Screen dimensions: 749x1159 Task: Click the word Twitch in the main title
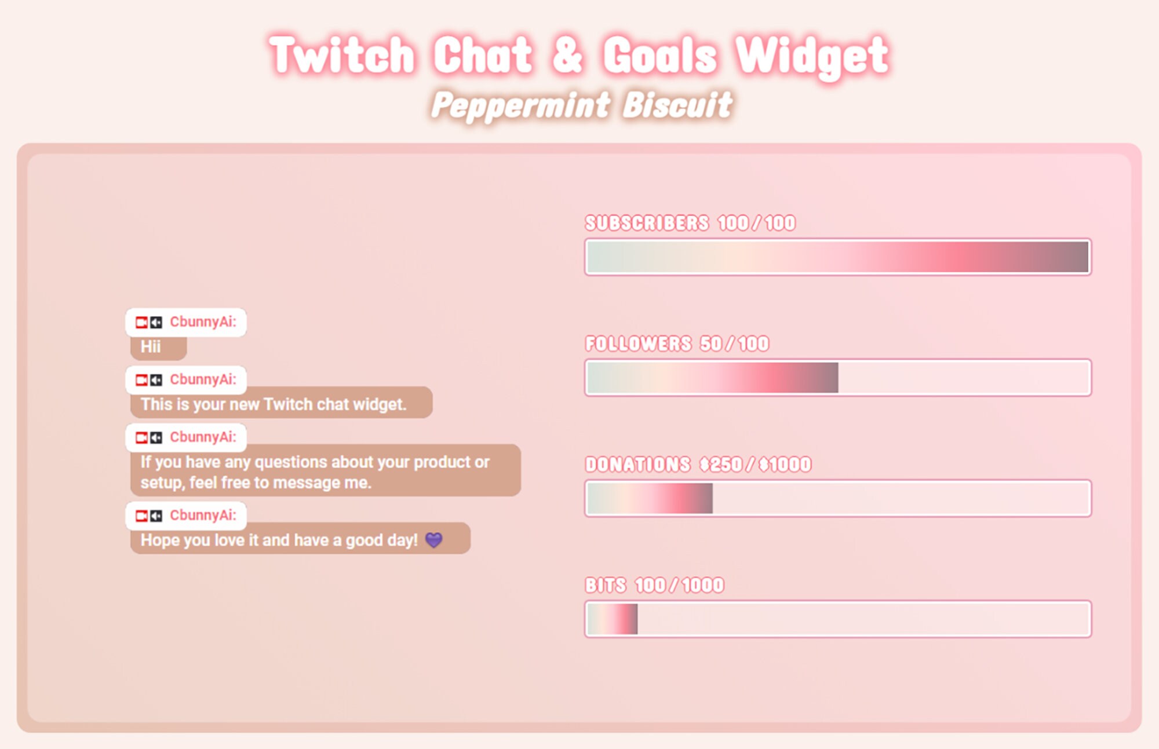pos(342,55)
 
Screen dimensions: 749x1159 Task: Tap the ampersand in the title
pos(567,55)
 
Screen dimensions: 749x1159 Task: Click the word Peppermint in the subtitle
pos(520,105)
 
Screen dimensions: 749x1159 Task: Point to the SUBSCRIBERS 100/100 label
pos(690,223)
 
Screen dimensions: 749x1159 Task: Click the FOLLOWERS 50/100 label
pos(677,344)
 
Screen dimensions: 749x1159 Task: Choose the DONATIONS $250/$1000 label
pos(698,464)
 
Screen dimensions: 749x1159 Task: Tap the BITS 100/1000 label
pos(654,585)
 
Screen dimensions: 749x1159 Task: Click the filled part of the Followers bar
pos(712,378)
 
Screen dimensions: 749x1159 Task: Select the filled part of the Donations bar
pos(650,498)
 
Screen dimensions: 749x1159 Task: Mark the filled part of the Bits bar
pos(612,619)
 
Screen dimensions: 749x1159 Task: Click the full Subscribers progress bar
pos(837,257)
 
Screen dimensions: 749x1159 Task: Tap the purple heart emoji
pos(433,540)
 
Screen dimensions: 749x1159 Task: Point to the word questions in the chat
pos(292,462)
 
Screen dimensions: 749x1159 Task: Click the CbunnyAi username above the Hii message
pos(203,322)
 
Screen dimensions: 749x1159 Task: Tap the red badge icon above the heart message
pos(141,516)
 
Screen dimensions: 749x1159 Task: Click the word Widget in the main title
pos(811,55)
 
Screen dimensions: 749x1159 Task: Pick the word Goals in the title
pos(660,55)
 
